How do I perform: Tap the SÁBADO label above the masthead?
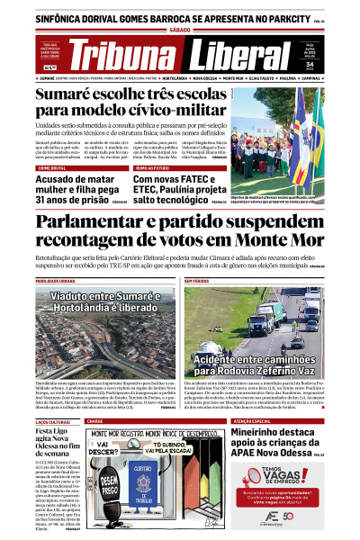tap(180, 31)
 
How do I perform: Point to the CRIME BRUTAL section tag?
tap(53, 167)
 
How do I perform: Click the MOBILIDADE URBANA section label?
tap(56, 281)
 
